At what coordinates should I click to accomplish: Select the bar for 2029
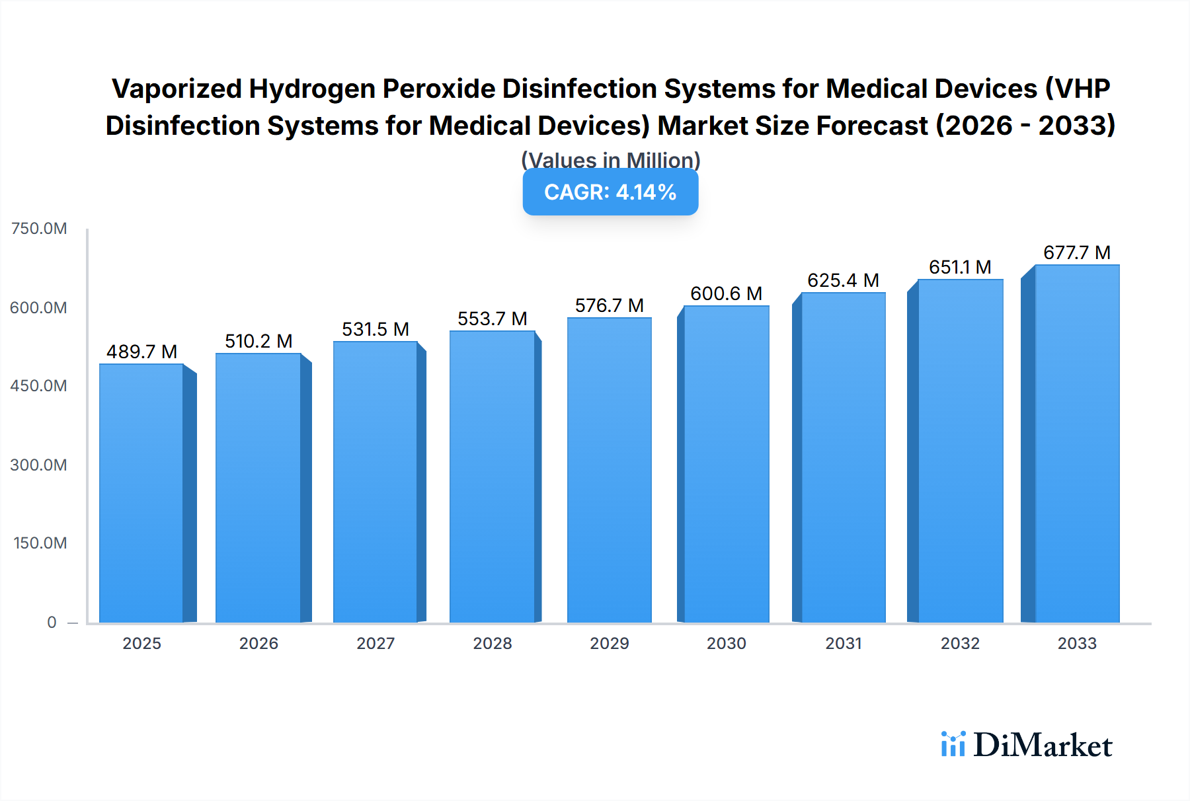(x=609, y=470)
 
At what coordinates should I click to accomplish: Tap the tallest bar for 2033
(x=1076, y=443)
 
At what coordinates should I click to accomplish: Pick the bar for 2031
(x=843, y=457)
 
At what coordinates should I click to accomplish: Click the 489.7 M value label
(x=141, y=352)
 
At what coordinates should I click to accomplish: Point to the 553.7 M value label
(x=492, y=319)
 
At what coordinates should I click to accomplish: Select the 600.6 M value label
(x=726, y=293)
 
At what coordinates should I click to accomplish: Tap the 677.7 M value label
(x=1076, y=252)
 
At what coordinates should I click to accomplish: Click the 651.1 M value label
(x=960, y=267)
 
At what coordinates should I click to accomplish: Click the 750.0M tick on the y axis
(x=39, y=229)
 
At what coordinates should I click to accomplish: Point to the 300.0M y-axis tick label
(x=39, y=465)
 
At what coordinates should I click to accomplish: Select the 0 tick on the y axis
(x=52, y=622)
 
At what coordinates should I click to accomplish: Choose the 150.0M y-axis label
(x=40, y=543)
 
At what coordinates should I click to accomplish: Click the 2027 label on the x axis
(x=376, y=643)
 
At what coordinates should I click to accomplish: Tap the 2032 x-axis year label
(x=960, y=643)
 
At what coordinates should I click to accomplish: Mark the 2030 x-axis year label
(x=726, y=643)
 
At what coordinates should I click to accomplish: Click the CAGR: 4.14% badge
(x=610, y=192)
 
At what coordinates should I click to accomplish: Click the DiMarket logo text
(x=1042, y=745)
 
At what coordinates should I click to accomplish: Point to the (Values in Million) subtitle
(x=610, y=160)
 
